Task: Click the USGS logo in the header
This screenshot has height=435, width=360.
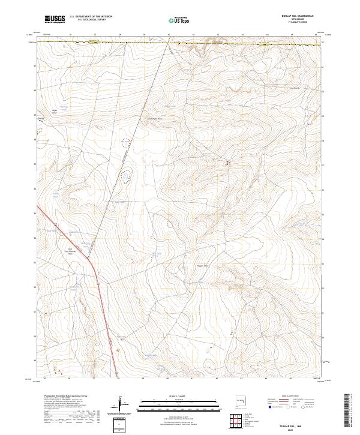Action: tap(55, 19)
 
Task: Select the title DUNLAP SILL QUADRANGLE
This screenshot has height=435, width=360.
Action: tap(302, 16)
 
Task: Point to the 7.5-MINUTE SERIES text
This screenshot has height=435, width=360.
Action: tap(302, 23)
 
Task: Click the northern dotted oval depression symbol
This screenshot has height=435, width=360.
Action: tap(126, 143)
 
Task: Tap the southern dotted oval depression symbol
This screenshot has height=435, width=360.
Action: tap(125, 176)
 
